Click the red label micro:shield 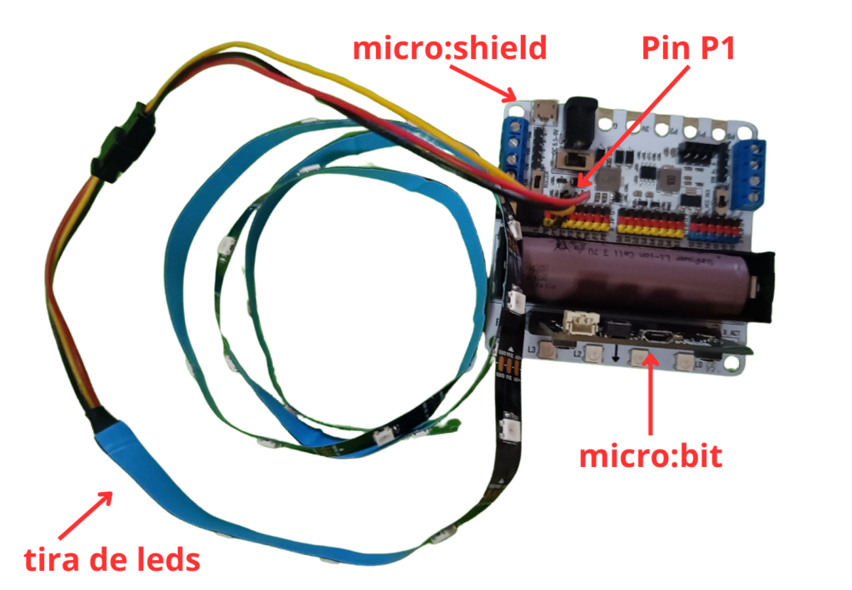450,48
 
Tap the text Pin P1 689,48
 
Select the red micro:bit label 651,456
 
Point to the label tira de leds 111,558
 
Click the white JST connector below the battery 577,321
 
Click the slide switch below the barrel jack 572,159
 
